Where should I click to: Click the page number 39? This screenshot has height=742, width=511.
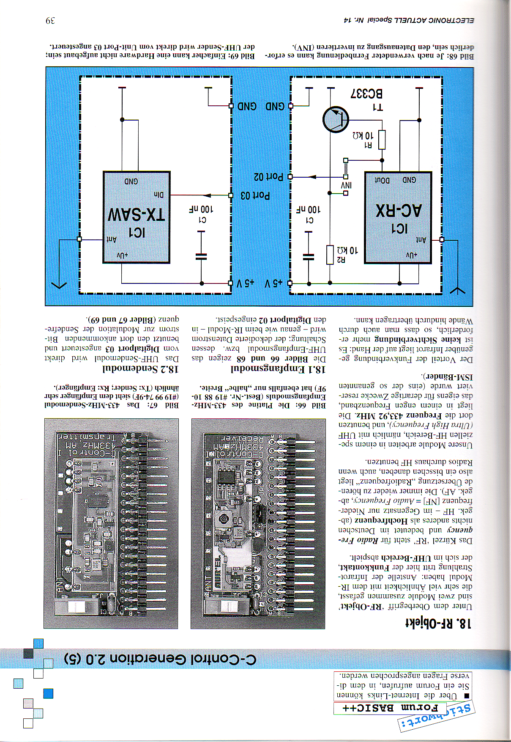tap(50, 21)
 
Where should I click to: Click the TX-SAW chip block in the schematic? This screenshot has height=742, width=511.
tap(137, 217)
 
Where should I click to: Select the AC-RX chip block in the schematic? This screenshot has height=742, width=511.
tap(398, 217)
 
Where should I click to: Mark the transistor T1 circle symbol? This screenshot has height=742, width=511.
tap(335, 119)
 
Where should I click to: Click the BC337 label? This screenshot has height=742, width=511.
tap(366, 93)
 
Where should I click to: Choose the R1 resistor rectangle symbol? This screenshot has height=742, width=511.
tap(382, 140)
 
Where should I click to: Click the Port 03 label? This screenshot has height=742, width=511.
tap(255, 195)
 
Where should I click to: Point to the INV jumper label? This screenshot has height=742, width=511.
tap(346, 185)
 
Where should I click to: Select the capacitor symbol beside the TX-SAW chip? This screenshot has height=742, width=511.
tap(201, 256)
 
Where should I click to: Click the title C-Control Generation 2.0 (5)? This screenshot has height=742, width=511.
tap(160, 659)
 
